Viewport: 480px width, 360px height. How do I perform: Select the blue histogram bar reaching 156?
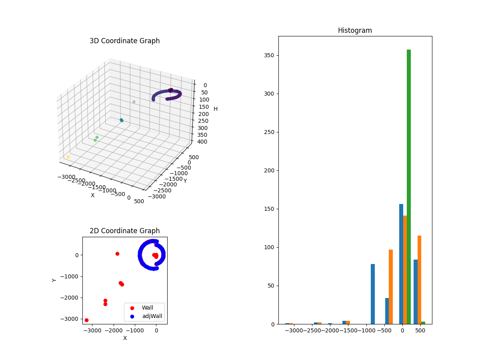point(401,264)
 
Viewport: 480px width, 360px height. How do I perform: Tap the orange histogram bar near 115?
point(419,280)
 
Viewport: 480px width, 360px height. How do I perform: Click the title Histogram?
point(355,30)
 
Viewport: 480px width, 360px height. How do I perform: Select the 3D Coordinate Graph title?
point(124,41)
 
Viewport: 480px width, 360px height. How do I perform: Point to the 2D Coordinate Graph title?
point(124,231)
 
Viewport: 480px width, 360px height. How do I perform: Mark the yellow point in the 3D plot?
point(68,157)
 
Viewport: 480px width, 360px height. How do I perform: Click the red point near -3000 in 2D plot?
point(86,320)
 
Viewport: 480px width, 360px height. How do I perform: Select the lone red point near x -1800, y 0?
point(117,254)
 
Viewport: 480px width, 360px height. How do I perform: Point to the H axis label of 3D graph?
point(216,109)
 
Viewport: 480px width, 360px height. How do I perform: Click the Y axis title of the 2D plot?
point(54,280)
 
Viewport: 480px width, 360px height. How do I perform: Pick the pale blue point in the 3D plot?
point(134,102)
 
